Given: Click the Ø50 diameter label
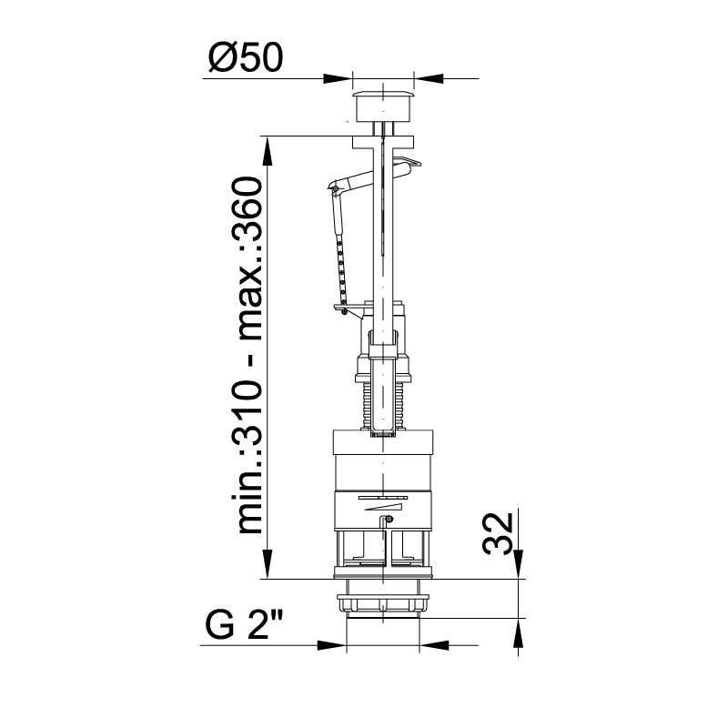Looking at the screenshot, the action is tap(245, 57).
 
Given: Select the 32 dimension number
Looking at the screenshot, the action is tap(498, 533).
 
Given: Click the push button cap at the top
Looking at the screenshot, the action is tap(383, 106).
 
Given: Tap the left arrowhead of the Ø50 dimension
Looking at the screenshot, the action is tap(338, 78).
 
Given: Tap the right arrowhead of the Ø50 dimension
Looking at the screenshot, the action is tap(428, 78).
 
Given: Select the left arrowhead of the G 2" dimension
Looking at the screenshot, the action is tap(331, 645).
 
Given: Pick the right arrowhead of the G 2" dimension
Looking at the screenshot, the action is tap(434, 645).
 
